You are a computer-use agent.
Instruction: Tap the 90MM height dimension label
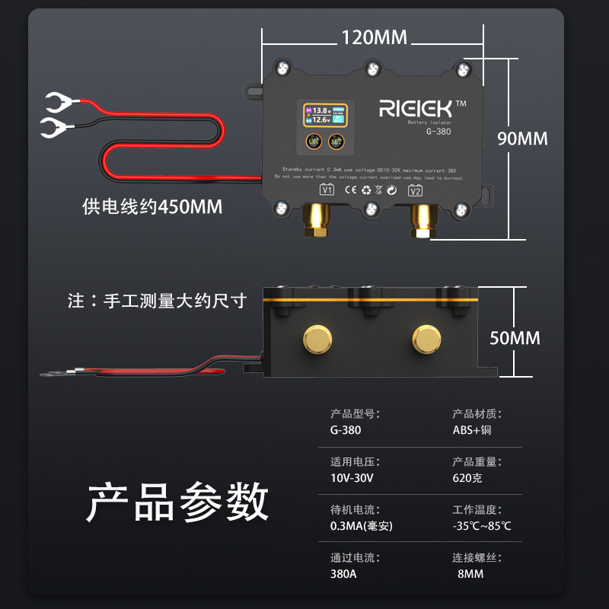coord(522,139)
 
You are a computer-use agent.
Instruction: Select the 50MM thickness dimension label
coord(515,337)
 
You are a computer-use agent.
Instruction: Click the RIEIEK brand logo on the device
coord(416,108)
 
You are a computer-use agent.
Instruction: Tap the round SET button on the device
coord(336,141)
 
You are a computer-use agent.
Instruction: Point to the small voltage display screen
coord(327,116)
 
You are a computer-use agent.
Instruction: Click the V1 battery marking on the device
coord(327,190)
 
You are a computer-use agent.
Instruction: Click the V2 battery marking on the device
coord(416,190)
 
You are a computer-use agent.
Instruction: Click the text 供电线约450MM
coord(152,206)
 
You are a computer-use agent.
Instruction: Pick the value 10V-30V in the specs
coord(352,478)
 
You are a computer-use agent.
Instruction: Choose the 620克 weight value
coord(467,478)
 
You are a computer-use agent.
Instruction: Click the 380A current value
coord(343,574)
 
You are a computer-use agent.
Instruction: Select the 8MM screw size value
coord(470,574)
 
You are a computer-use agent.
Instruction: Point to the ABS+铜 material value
coord(472,429)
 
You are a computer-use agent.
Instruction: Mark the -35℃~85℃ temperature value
coord(482,526)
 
